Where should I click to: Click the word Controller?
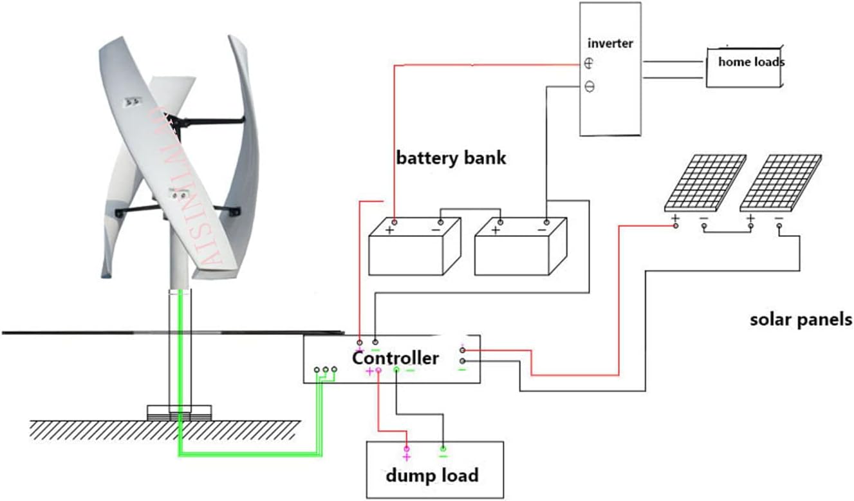tap(395, 358)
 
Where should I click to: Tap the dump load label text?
tap(432, 476)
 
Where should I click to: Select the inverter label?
tap(610, 44)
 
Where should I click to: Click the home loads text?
tap(750, 62)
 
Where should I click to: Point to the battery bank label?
tap(450, 158)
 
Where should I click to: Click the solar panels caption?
tap(801, 319)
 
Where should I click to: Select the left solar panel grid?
tap(705, 182)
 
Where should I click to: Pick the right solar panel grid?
tap(781, 182)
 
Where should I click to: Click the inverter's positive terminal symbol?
tap(589, 63)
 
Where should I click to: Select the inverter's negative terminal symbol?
tap(589, 86)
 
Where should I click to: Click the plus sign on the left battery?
tap(390, 230)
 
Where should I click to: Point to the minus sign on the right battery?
tap(542, 230)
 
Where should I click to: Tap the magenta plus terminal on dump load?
tap(406, 457)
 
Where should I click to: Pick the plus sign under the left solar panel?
tap(675, 219)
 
